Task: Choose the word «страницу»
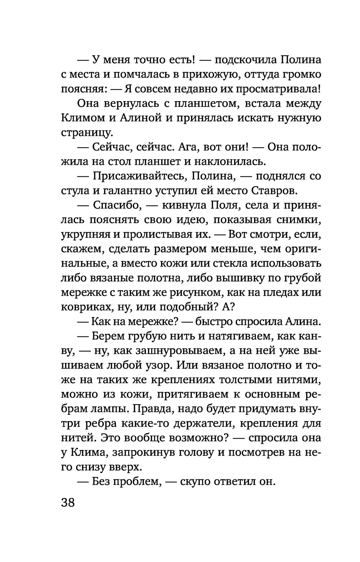point(86,133)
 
